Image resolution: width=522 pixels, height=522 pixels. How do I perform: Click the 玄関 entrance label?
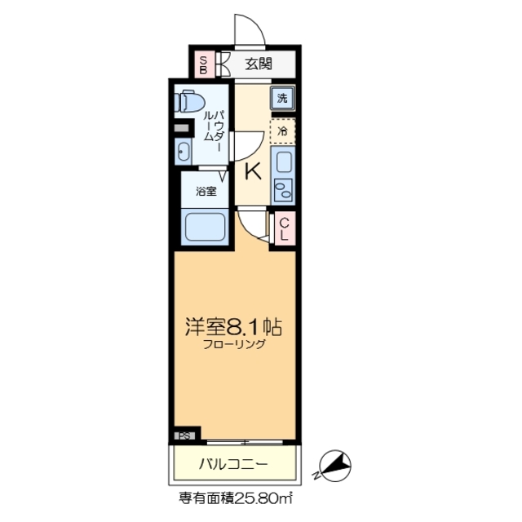click(x=259, y=64)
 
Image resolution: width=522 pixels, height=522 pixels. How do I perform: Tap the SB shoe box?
click(x=203, y=64)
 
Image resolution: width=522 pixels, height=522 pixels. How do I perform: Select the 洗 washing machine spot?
click(x=282, y=99)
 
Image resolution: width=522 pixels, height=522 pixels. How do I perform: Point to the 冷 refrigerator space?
click(x=282, y=130)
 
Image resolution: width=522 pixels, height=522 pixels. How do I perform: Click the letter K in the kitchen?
click(x=254, y=171)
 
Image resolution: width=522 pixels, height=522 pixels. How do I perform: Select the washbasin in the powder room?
click(x=184, y=151)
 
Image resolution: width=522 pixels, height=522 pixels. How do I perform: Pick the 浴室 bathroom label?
click(x=206, y=192)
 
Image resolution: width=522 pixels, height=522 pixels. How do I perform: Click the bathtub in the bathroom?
click(x=205, y=225)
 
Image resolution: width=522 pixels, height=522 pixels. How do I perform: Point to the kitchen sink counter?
click(x=282, y=175)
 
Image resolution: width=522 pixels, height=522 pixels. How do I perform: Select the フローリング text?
click(x=234, y=345)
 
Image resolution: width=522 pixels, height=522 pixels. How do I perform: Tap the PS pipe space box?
click(x=185, y=436)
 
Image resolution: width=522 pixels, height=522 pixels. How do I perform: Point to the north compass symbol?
click(x=334, y=466)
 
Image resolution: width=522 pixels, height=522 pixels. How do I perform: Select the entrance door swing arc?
click(x=249, y=31)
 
